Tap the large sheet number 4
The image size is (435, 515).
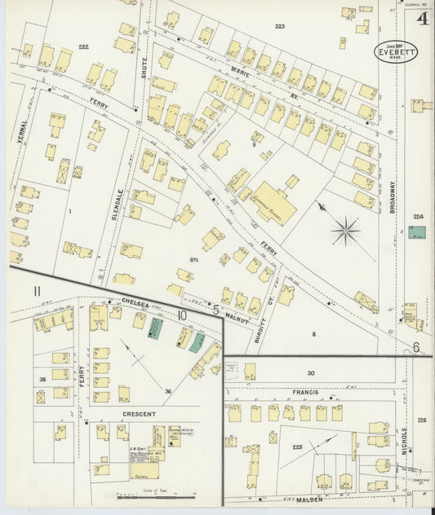(x=423, y=19)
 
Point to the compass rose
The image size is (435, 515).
(x=346, y=231)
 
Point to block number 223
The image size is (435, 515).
(x=280, y=27)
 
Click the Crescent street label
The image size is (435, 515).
(x=139, y=414)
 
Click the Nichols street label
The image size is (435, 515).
(x=403, y=440)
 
